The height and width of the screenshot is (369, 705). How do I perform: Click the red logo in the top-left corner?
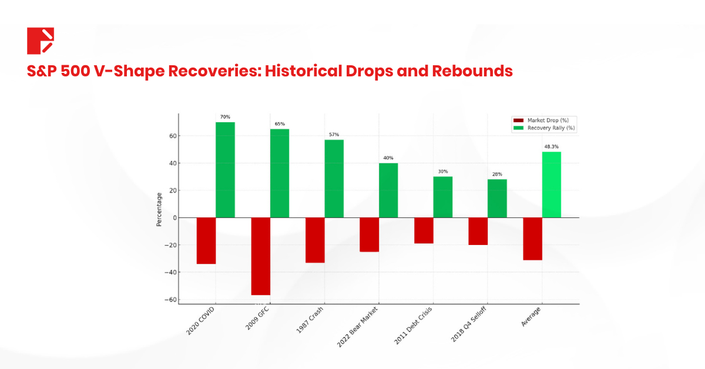pyautogui.click(x=41, y=41)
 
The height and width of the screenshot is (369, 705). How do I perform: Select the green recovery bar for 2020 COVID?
pyautogui.click(x=225, y=170)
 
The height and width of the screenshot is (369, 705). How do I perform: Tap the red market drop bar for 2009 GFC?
pyautogui.click(x=260, y=256)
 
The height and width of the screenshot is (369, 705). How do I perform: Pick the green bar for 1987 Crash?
pyautogui.click(x=334, y=179)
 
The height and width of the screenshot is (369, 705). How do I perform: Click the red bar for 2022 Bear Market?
pyautogui.click(x=369, y=234)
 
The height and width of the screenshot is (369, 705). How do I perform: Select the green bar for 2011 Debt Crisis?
pyautogui.click(x=442, y=197)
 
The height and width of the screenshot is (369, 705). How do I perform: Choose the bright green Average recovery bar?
pyautogui.click(x=551, y=184)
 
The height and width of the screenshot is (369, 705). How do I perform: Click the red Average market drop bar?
pyautogui.click(x=532, y=239)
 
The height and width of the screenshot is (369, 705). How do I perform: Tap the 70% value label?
pyautogui.click(x=225, y=117)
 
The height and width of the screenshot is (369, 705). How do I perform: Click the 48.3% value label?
pyautogui.click(x=551, y=146)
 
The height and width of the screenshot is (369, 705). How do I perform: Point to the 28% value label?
pyautogui.click(x=497, y=174)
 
